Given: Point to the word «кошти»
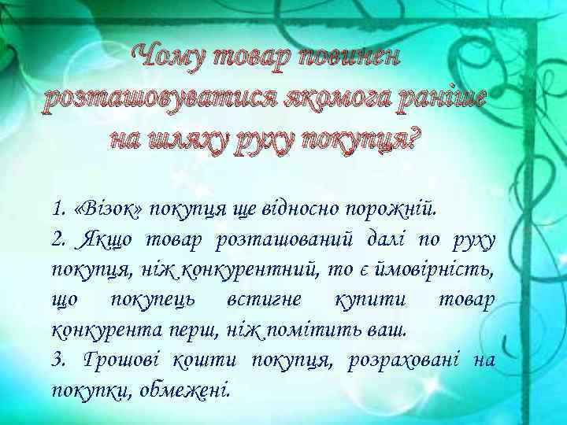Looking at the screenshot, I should [207, 360].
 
